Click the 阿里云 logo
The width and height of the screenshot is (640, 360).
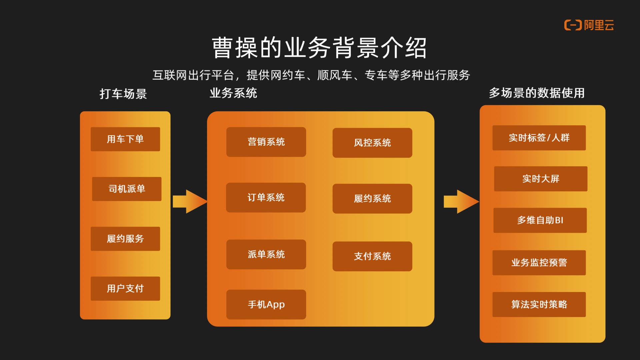[x=589, y=25]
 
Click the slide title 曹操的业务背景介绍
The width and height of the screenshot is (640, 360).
[x=319, y=48]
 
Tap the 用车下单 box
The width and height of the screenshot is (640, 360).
[x=125, y=139]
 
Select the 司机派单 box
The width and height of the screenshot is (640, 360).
[x=127, y=189]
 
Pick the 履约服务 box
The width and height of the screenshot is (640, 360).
[x=125, y=239]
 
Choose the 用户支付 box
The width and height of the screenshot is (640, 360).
[x=125, y=288]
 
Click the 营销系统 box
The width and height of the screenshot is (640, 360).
[x=266, y=142]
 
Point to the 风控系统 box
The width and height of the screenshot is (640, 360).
[x=372, y=143]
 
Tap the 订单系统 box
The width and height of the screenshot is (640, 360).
[x=266, y=198]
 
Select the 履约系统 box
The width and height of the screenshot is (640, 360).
[x=372, y=199]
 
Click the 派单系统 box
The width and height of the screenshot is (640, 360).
[x=266, y=254]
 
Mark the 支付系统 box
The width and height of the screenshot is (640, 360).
[x=372, y=256]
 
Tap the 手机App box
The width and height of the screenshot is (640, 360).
[x=266, y=304]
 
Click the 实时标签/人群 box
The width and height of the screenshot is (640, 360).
[x=539, y=138]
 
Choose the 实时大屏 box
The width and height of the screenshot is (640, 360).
[x=540, y=179]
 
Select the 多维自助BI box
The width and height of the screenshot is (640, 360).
[x=540, y=220]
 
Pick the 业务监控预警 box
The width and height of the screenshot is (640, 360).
[x=539, y=263]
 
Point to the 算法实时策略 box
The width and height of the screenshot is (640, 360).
[x=539, y=304]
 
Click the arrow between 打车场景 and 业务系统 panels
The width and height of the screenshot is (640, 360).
[x=189, y=201]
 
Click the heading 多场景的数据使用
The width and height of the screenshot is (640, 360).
[x=537, y=93]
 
